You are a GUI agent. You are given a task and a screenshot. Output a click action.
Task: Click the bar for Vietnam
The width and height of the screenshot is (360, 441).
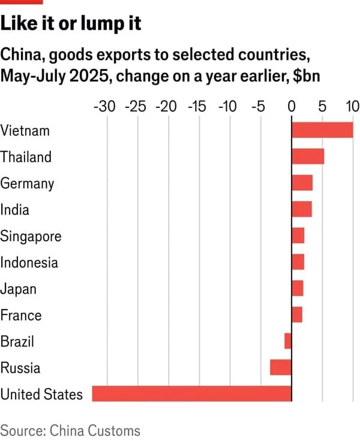click(x=322, y=130)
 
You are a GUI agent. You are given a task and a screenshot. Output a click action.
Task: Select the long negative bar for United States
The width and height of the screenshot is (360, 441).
click(x=191, y=394)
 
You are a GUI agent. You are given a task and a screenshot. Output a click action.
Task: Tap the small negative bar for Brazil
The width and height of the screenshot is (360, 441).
click(x=288, y=341)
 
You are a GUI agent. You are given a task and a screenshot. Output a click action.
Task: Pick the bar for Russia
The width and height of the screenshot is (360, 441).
click(x=281, y=367)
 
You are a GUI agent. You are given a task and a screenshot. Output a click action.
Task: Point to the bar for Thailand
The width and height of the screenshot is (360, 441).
click(x=308, y=156)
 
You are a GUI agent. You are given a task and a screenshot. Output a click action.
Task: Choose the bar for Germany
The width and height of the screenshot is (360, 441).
click(x=302, y=182)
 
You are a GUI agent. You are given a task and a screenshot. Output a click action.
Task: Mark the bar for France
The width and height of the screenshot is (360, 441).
click(x=297, y=314)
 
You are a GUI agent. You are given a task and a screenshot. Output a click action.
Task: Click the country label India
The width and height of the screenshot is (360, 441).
click(x=15, y=210)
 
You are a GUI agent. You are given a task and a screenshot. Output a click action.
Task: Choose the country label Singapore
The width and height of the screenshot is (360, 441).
click(x=31, y=236)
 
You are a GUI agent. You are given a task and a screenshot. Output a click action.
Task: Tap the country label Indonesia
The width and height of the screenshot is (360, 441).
click(x=29, y=262)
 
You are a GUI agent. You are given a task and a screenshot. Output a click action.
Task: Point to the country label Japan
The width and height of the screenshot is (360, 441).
click(x=19, y=289)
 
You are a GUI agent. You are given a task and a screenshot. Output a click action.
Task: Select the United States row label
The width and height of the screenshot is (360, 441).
click(x=41, y=394)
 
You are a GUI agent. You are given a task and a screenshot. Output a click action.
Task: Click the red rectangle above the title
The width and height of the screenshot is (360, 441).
click(x=22, y=2)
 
